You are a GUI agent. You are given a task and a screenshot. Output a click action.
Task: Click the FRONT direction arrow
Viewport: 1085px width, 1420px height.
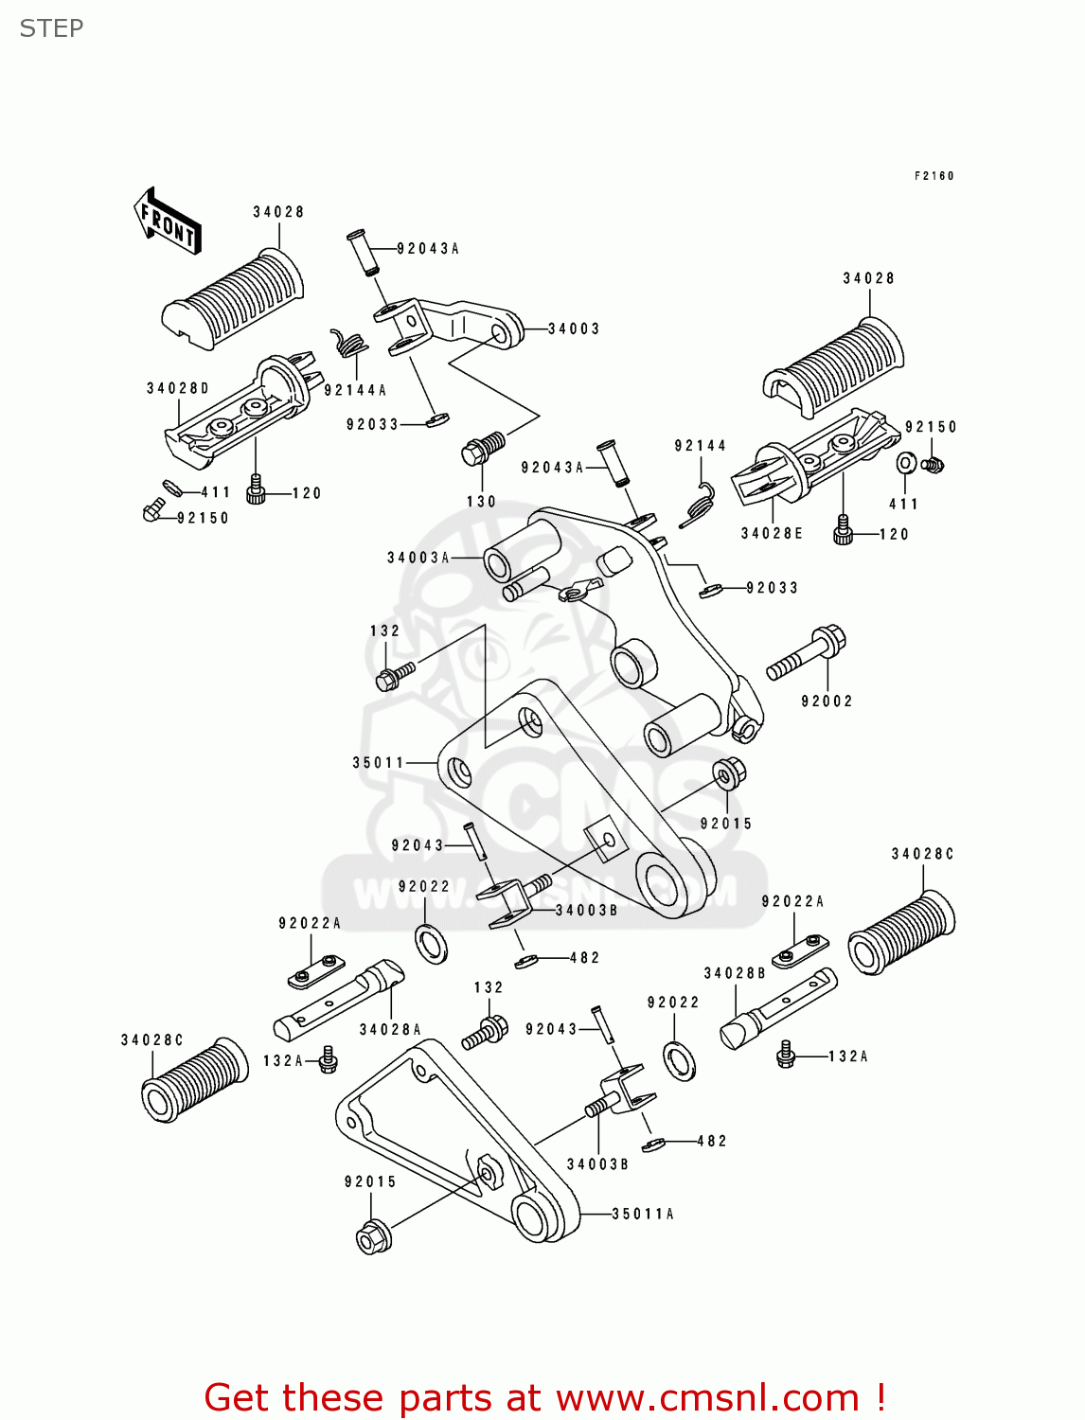click(168, 222)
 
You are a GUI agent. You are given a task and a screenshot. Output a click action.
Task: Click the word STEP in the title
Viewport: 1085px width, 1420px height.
click(51, 28)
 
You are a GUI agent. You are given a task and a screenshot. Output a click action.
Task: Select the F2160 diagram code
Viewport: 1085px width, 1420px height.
click(934, 176)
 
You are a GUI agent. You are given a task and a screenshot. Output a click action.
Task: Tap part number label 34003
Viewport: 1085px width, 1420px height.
click(574, 328)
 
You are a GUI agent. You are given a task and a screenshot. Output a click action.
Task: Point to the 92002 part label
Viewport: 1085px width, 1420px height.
click(827, 701)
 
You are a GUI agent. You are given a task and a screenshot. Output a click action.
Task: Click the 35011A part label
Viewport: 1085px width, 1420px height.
click(643, 1214)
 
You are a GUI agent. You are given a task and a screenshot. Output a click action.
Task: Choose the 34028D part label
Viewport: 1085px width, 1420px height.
click(178, 388)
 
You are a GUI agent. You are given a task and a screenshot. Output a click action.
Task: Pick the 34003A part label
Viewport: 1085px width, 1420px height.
click(418, 558)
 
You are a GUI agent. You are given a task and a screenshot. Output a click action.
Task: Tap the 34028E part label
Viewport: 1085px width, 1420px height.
click(772, 533)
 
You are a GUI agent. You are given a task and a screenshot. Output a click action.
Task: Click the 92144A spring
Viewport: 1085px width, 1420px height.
click(348, 343)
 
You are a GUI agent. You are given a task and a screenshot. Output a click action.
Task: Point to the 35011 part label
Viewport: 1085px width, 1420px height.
click(379, 762)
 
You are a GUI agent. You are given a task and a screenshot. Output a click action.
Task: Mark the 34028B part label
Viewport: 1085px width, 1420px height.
click(735, 973)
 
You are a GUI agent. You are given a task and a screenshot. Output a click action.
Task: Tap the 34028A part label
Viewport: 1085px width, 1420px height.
click(390, 1030)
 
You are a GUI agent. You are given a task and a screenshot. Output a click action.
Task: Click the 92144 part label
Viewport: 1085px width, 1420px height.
click(701, 446)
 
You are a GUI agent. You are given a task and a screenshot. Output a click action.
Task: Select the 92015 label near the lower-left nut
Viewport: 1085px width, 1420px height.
click(370, 1181)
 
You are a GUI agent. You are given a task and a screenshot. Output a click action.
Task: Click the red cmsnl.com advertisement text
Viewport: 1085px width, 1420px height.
click(544, 1397)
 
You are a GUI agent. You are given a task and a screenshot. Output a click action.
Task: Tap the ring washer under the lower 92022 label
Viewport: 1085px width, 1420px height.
click(680, 1060)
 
